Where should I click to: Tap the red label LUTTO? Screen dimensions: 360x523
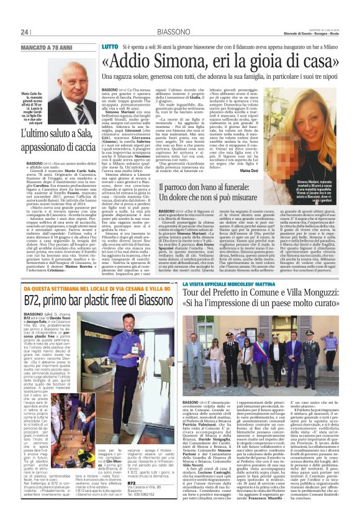pos(109,47)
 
